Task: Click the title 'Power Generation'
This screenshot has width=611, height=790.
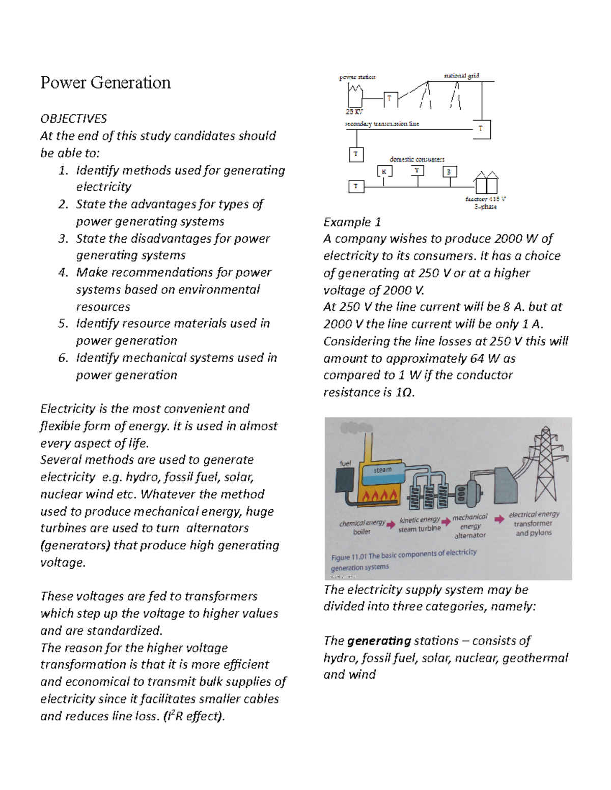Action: pyautogui.click(x=105, y=82)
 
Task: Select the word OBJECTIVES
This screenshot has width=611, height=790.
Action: pyautogui.click(x=73, y=119)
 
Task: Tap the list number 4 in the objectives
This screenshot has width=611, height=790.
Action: pyautogui.click(x=63, y=273)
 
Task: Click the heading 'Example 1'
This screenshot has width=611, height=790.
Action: pyautogui.click(x=352, y=222)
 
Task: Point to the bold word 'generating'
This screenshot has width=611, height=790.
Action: pyautogui.click(x=379, y=640)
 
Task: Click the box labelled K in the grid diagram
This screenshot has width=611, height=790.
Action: pyautogui.click(x=384, y=172)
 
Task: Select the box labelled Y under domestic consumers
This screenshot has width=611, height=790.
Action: pyautogui.click(x=417, y=171)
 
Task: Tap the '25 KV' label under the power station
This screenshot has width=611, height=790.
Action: pyautogui.click(x=354, y=111)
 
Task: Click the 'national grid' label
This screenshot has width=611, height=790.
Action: pyautogui.click(x=461, y=76)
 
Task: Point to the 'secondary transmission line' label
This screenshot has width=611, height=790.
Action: pyautogui.click(x=382, y=124)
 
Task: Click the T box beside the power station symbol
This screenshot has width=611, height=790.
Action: pyautogui.click(x=390, y=99)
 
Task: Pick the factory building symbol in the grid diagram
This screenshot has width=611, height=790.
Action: pyautogui.click(x=486, y=183)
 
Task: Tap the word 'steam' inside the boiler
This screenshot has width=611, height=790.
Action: pyautogui.click(x=382, y=470)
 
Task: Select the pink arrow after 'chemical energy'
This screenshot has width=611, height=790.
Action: pyautogui.click(x=391, y=525)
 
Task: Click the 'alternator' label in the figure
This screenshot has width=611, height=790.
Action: pyautogui.click(x=470, y=535)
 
